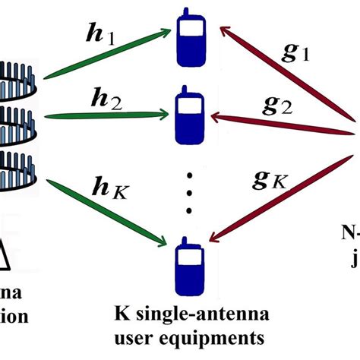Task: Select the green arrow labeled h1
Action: [x=106, y=55]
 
